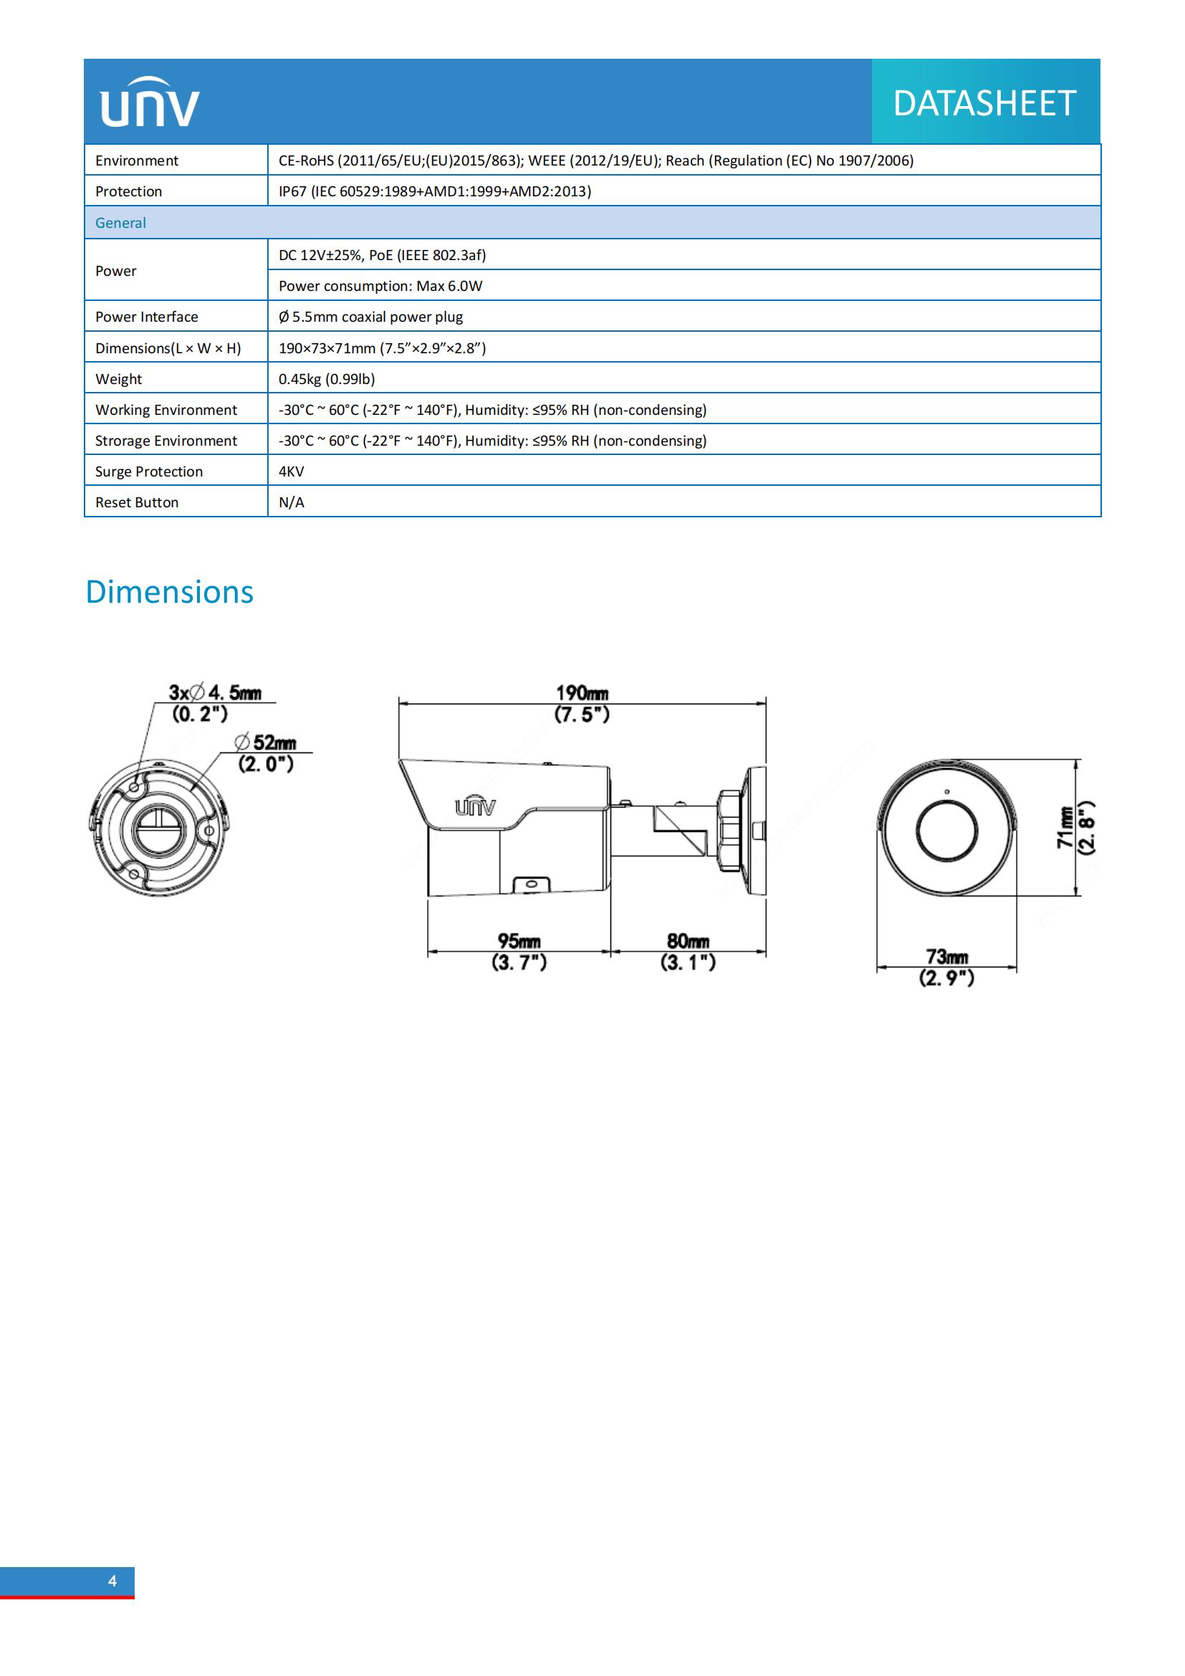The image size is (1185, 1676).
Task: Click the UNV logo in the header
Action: pos(150,102)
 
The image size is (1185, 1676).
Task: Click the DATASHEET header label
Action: pos(984,103)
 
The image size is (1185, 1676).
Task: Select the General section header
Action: pos(120,223)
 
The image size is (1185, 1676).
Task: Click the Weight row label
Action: pos(118,379)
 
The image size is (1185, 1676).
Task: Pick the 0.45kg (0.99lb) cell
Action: pos(326,379)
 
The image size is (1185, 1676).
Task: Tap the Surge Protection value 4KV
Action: pos(291,471)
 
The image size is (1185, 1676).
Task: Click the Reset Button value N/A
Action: pos(291,502)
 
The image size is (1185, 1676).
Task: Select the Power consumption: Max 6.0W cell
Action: pos(380,286)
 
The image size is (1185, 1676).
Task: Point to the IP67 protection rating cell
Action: pos(434,191)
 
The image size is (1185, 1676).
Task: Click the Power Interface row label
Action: pos(146,317)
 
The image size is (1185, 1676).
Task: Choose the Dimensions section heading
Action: pos(169,592)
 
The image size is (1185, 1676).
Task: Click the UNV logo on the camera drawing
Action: pos(475,806)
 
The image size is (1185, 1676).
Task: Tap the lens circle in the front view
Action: pos(946,830)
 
